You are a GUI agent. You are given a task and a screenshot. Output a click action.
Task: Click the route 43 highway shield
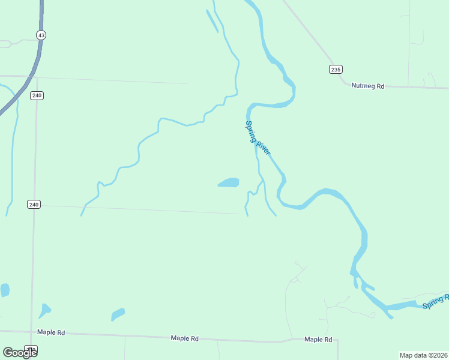coord(41,35)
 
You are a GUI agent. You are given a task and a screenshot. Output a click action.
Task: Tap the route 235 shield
coord(336,70)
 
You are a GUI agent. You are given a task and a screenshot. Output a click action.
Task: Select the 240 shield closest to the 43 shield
coord(37,95)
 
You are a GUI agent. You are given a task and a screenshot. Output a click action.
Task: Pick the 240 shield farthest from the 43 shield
coord(34,205)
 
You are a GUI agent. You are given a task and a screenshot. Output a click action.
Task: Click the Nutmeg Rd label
coord(367,86)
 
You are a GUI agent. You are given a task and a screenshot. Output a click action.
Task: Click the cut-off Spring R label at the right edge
coord(435,302)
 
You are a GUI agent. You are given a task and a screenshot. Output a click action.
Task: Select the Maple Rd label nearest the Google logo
coord(50,332)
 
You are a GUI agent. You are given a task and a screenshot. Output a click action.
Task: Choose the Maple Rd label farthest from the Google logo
coord(318,340)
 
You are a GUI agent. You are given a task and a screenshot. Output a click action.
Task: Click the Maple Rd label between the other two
coord(184,338)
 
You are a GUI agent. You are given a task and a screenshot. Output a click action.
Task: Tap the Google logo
coord(19,353)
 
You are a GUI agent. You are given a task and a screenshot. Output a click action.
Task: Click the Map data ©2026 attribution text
coord(424,355)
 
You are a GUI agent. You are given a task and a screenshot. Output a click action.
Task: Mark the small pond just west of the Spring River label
coord(229,182)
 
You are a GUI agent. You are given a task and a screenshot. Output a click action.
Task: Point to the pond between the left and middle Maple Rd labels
coord(118,314)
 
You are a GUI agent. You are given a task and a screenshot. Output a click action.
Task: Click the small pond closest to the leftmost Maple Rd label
coord(44,310)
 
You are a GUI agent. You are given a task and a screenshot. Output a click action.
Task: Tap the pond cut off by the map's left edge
coord(4,290)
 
